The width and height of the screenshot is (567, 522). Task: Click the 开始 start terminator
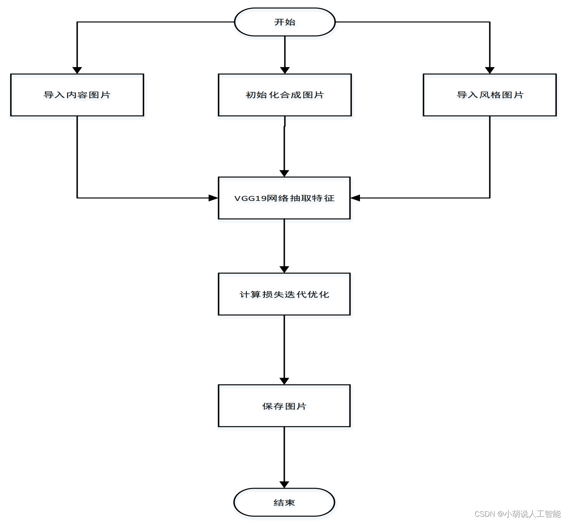pos(285,22)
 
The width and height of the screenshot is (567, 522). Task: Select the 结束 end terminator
pos(284,502)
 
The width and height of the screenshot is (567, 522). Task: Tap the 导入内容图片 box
pos(77,95)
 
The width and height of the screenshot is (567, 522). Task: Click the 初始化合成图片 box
pos(285,95)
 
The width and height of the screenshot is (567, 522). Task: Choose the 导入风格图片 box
pos(490,95)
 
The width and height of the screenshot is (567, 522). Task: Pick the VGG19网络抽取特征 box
pos(284,198)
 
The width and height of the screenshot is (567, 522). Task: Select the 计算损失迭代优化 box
pos(284,294)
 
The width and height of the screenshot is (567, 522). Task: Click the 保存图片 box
pos(284,406)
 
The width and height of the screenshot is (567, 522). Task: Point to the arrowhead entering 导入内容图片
pos(77,70)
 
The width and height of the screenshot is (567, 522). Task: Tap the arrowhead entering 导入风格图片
pos(490,70)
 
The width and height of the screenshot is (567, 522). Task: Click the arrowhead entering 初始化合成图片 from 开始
pos(285,70)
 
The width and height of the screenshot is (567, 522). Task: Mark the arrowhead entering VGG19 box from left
pos(214,198)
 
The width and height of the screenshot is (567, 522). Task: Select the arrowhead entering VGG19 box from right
pos(355,198)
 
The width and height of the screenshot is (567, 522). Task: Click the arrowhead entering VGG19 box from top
pos(284,173)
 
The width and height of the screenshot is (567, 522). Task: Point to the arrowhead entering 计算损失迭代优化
pos(284,269)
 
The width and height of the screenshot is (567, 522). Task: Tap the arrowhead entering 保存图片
pos(284,381)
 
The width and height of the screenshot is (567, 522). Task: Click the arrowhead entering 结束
pos(284,485)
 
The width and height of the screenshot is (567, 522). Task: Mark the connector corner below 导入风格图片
pos(490,198)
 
